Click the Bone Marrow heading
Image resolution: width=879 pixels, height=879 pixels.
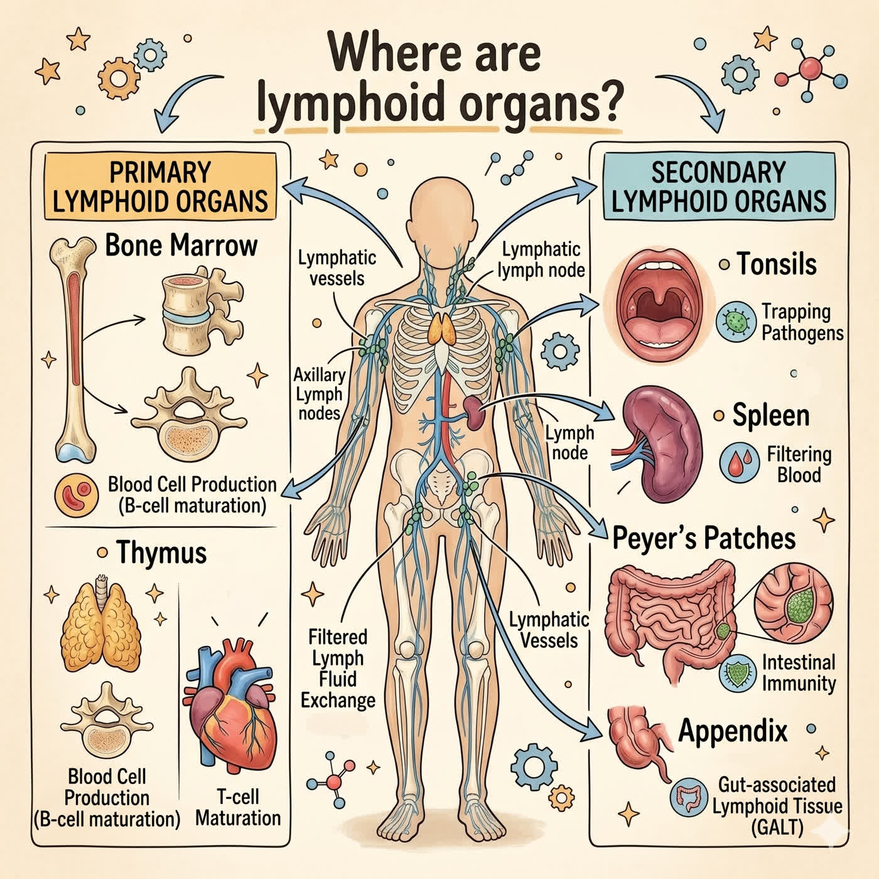181,245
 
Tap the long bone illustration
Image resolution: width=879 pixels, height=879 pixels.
74,349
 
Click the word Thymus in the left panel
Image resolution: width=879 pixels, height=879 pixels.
161,553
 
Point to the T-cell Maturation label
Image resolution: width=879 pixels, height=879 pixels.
238,807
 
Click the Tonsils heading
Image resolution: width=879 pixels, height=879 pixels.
777,264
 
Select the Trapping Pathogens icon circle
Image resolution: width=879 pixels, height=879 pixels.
736,321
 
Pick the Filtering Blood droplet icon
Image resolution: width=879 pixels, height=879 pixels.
740,463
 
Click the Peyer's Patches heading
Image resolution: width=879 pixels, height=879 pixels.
704,538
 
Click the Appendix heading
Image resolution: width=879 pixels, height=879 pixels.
733,731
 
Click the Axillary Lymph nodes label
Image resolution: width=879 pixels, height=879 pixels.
320,394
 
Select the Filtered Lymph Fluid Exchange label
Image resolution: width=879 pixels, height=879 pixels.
338,668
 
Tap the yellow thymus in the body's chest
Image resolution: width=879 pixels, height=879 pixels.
441,328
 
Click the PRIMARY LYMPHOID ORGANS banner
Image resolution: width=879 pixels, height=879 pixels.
160,186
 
